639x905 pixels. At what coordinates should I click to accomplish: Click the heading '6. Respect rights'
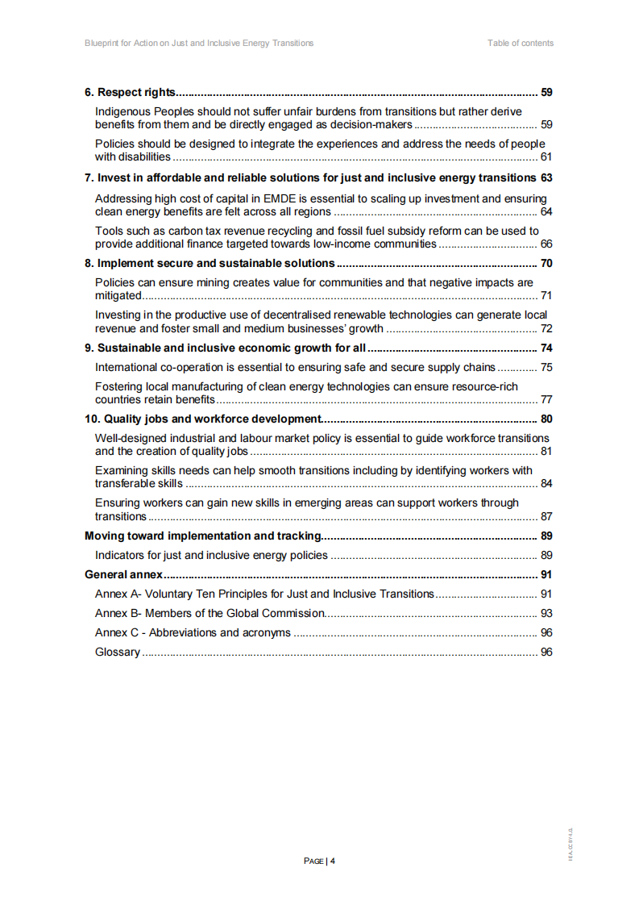pos(131,92)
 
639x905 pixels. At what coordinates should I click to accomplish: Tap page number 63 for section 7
pos(546,177)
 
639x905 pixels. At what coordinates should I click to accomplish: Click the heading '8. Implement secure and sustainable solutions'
pos(210,263)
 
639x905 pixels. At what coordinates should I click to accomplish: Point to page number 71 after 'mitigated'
pos(546,296)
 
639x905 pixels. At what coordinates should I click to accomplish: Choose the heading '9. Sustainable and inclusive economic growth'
pos(226,348)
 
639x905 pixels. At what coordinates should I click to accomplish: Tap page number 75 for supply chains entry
pos(546,368)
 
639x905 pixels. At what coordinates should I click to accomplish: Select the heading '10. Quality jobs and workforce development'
pos(203,419)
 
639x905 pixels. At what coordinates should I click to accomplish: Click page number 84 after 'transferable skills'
pos(546,484)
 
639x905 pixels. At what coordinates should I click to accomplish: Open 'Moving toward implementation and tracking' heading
pos(203,536)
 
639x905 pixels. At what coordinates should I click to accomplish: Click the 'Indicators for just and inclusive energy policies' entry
pos(211,555)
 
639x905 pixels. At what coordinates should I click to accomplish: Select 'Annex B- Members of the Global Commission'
pos(210,614)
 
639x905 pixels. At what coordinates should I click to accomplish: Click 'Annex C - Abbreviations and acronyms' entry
pos(193,633)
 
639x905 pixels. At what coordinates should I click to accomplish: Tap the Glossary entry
pos(118,653)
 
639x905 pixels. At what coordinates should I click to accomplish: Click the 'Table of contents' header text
pos(520,43)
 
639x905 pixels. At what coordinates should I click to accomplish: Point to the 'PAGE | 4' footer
pos(319,861)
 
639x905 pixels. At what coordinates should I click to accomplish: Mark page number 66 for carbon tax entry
pos(546,244)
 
